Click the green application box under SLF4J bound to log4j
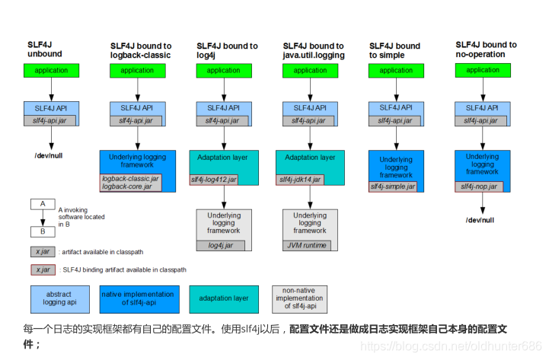[x=224, y=71]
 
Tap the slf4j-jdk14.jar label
[x=300, y=180]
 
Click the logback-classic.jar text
[x=130, y=178]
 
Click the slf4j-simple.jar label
[x=394, y=186]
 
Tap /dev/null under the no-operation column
[x=480, y=219]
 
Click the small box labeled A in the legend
[x=43, y=204]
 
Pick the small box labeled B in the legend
[x=43, y=231]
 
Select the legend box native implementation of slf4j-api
[x=139, y=299]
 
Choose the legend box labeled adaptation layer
[x=224, y=299]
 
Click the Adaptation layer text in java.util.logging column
[x=310, y=158]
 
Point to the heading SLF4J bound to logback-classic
[x=140, y=50]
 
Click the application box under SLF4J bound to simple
[x=397, y=71]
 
